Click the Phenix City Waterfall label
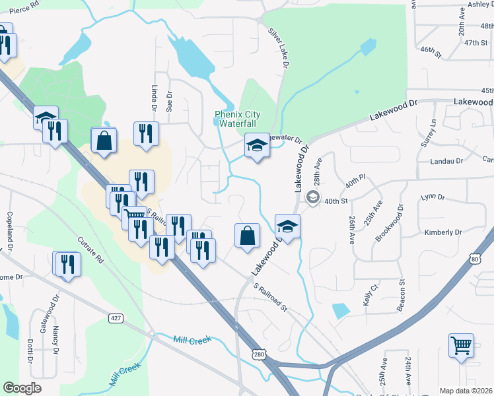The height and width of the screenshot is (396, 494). coord(238,119)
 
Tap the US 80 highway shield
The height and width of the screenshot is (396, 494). coord(476,259)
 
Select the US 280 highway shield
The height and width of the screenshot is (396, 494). coord(258,356)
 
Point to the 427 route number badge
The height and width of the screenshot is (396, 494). coord(116,318)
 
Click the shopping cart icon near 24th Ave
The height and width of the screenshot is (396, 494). coord(460,345)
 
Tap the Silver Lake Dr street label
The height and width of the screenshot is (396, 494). coord(279,48)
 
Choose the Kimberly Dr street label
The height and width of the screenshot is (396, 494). coord(443,232)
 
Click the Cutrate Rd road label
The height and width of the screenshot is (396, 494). coord(91,250)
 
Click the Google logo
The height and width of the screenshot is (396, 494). coord(22,388)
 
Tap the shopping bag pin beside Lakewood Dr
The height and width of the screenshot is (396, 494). coord(247,236)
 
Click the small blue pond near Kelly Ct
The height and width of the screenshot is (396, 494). coord(340,310)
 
